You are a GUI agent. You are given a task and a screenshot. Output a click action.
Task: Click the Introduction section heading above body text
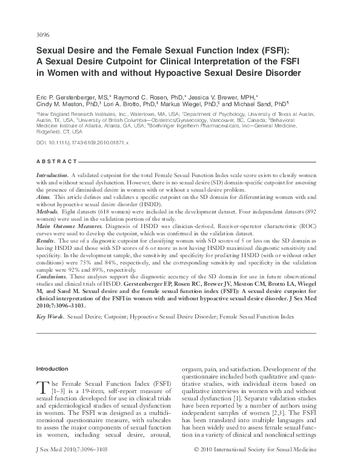click(x=53, y=369)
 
